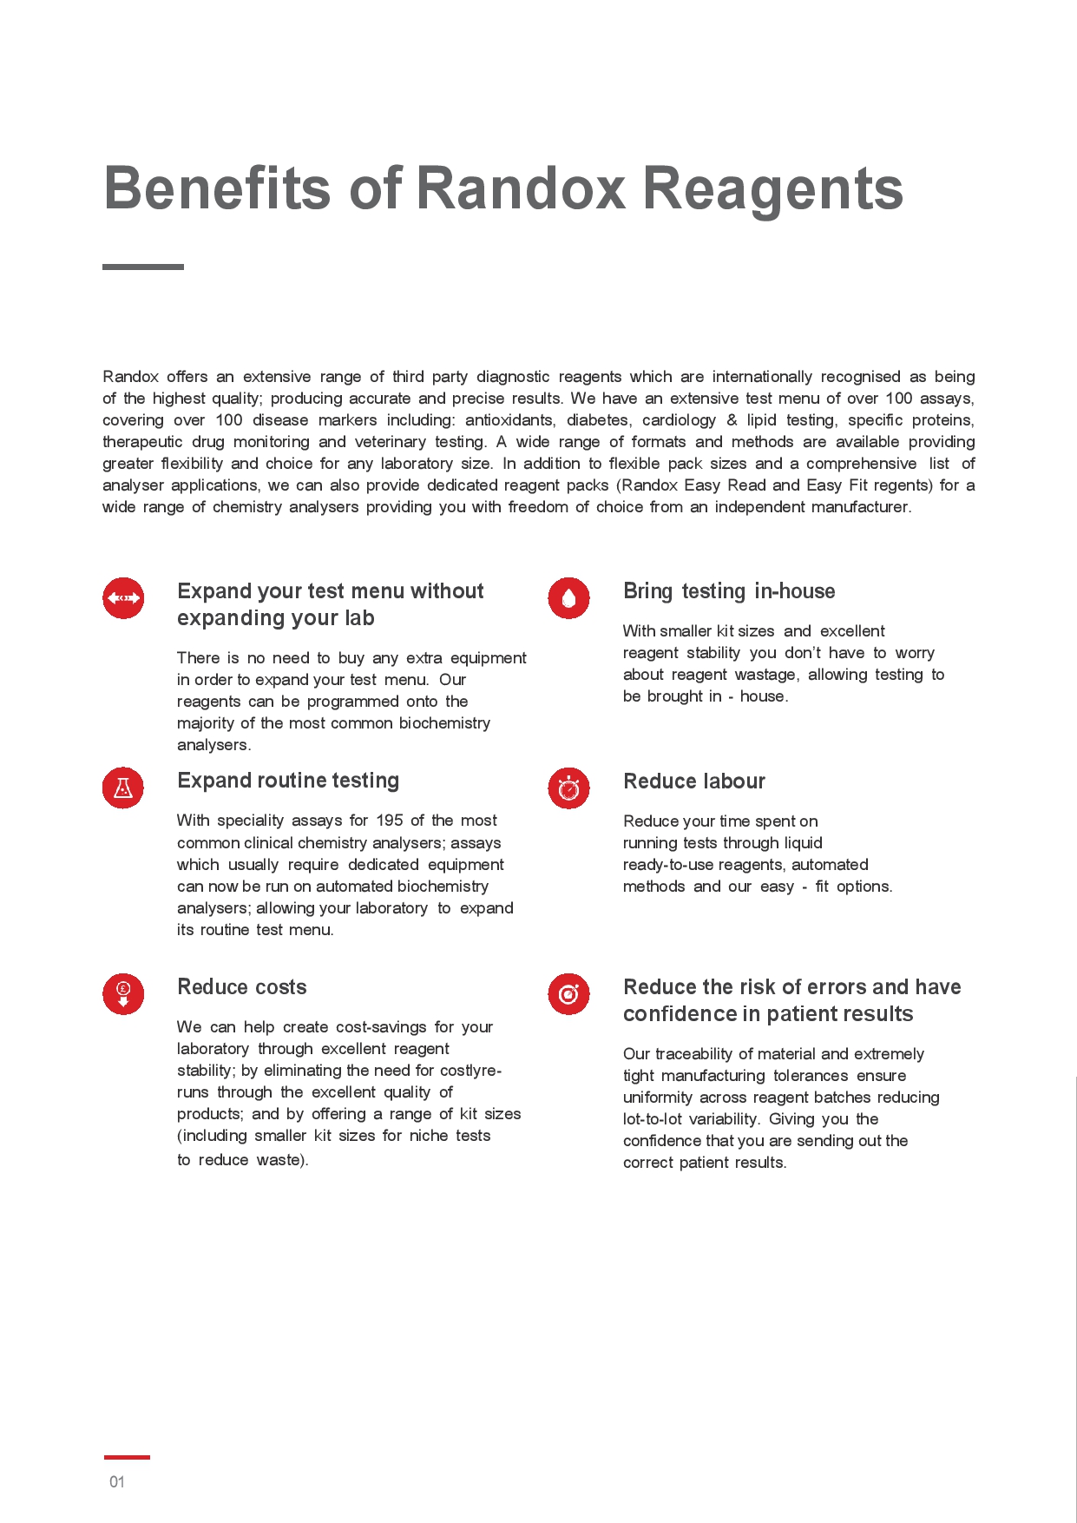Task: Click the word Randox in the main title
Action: click(521, 188)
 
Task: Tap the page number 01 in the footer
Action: click(117, 1482)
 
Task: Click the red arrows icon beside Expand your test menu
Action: click(123, 598)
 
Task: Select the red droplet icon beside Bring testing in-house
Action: click(568, 598)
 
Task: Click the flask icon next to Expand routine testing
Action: click(123, 788)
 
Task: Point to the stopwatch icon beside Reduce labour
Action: click(568, 788)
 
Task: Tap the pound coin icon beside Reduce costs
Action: click(123, 993)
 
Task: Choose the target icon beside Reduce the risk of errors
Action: click(568, 993)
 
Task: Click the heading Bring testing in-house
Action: click(729, 591)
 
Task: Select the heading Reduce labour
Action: click(694, 781)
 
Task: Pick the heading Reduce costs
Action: click(242, 987)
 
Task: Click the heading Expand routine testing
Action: click(288, 781)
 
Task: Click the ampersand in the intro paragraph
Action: click(732, 420)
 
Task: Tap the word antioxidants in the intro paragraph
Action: click(509, 420)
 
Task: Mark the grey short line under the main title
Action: click(143, 267)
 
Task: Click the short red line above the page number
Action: click(127, 1457)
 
